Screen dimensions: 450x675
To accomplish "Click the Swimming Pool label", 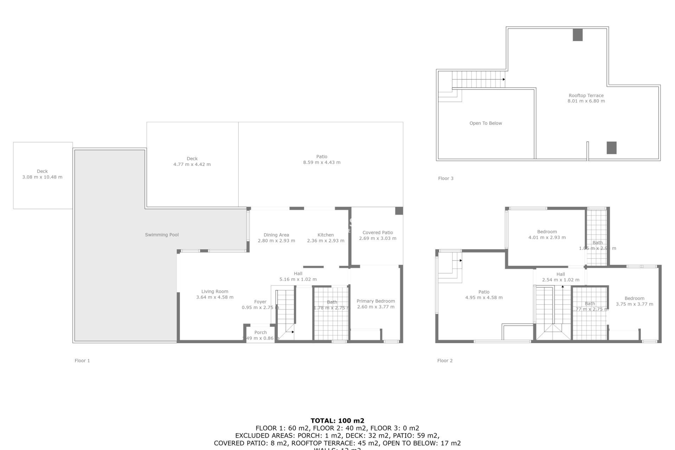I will click(x=162, y=235).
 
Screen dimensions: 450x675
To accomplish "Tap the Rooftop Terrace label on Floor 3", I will click(x=586, y=96).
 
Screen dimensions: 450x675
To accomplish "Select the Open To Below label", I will click(x=486, y=123).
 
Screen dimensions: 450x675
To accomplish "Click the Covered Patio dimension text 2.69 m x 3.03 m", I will click(x=378, y=238).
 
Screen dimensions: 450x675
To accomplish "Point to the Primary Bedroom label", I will click(x=375, y=301).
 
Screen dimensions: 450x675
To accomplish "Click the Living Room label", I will click(x=214, y=291).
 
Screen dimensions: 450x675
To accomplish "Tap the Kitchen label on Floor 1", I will click(x=326, y=235).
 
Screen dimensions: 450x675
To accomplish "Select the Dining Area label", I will click(x=276, y=235).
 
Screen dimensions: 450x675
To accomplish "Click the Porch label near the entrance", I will click(x=261, y=333).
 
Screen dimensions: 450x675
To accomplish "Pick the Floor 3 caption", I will click(x=445, y=179).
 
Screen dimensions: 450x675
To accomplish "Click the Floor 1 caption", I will click(x=82, y=361).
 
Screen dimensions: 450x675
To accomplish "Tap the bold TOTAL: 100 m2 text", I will click(x=337, y=420).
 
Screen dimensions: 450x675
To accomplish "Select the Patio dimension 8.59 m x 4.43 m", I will click(x=322, y=162).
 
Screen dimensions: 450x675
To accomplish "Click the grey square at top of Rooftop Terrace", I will click(x=578, y=35).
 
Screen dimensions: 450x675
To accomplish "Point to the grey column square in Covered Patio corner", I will click(x=399, y=211).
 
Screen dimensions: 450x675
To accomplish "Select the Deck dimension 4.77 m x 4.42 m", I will click(x=192, y=165).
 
